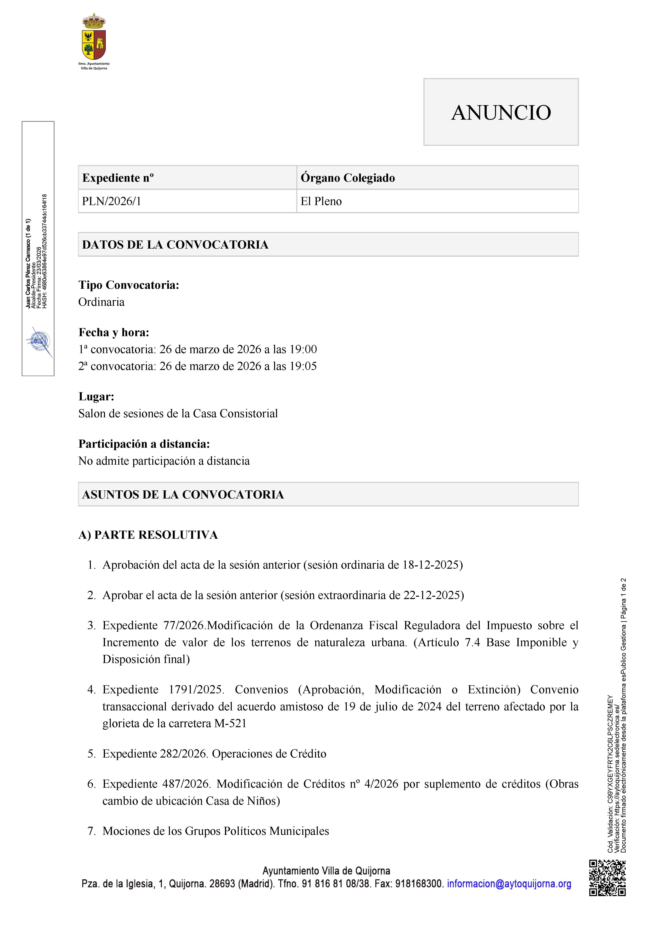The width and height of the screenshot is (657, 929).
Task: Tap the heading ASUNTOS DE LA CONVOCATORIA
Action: [183, 494]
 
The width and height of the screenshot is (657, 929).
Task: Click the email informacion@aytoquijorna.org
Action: [509, 884]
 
